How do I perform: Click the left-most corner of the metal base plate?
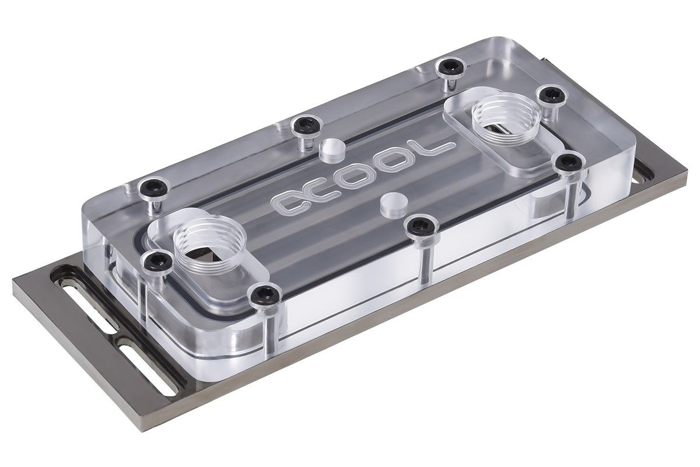13,281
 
